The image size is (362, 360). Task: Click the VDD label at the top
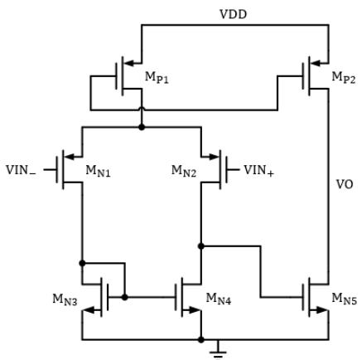pos(233,14)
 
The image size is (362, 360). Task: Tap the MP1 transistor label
pos(157,77)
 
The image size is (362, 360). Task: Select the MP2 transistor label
pos(344,77)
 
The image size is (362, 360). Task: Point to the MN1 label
pos(98,171)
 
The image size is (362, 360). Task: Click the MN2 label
pos(184,171)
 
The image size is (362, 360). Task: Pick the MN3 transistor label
pos(65,299)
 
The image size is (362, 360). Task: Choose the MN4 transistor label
pos(219,299)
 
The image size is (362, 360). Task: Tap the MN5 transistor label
pos(344,299)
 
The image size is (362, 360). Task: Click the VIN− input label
pos(21,170)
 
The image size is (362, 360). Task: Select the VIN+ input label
pos(258,170)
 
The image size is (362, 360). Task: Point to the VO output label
pos(345,184)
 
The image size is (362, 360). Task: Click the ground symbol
pos(218,351)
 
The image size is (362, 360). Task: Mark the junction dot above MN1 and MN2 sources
pos(142,127)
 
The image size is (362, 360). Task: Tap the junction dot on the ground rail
pos(201,339)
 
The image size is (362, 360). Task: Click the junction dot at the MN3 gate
pos(125,297)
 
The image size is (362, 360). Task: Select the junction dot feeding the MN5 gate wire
pos(201,246)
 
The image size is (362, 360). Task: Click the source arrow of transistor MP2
pos(316,63)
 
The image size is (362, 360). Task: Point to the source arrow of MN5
pos(320,310)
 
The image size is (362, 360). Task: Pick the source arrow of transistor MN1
pos(70,157)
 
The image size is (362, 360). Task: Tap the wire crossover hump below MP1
pos(142,109)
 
